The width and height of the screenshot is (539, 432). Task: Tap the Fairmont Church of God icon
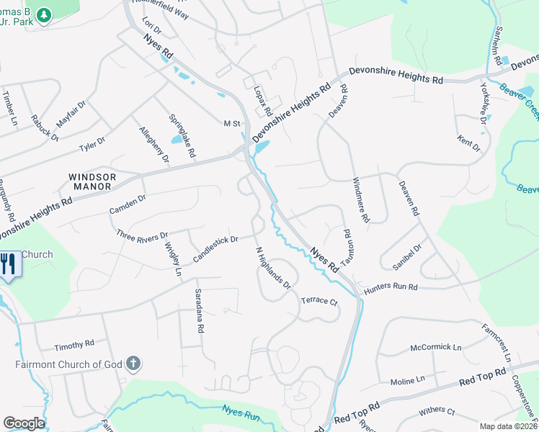click(x=132, y=364)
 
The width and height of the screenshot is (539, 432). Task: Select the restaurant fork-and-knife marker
click(x=9, y=264)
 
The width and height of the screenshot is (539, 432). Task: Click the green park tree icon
click(x=45, y=14)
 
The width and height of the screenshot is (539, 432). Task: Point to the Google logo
click(x=24, y=423)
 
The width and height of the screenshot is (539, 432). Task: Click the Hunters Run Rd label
click(x=391, y=287)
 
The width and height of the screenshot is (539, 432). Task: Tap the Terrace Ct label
click(x=319, y=300)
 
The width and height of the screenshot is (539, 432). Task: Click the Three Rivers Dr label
click(x=143, y=235)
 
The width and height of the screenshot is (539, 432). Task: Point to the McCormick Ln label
click(x=435, y=347)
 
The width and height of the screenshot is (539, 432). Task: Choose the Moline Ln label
click(x=407, y=379)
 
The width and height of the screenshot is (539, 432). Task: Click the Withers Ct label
click(x=437, y=412)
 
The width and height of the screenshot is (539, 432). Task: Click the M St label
click(x=231, y=124)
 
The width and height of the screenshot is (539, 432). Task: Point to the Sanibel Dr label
click(x=407, y=257)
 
